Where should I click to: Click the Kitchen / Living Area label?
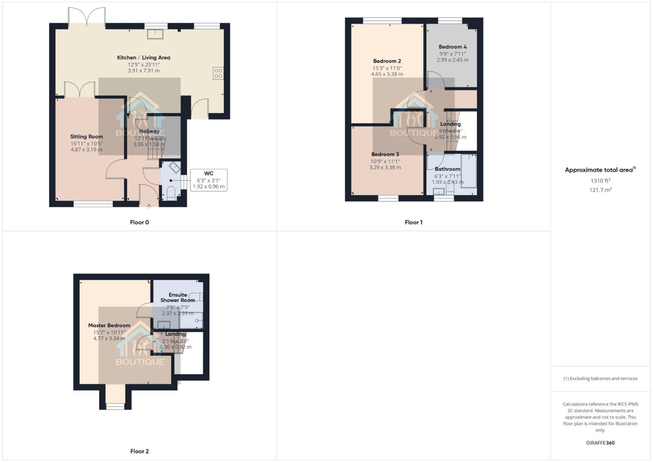coord(144,57)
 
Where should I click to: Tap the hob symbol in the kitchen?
coord(218,73)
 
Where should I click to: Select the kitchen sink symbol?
coord(155,33)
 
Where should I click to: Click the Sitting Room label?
coord(86,136)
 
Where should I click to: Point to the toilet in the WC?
coord(170,193)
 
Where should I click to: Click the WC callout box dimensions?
coord(209,184)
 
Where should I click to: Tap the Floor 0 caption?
coord(139,222)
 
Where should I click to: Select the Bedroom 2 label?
coord(387,61)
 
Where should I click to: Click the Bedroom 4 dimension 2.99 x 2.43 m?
coord(452,60)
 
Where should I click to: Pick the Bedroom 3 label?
coord(385,154)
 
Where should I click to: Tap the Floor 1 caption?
coord(414,222)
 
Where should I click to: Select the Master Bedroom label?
coord(109,326)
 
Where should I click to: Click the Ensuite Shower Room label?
coord(178,297)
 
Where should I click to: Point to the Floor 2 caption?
coord(139,451)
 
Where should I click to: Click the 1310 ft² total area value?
coord(600,181)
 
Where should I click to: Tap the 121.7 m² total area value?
coord(600,190)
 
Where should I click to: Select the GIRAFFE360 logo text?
coord(600,443)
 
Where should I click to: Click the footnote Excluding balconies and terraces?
coord(600,379)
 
